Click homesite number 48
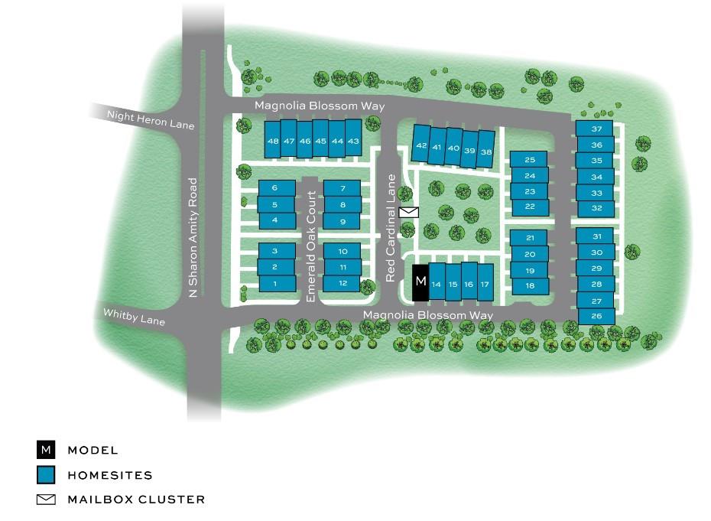tap(273, 141)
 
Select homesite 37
tap(597, 129)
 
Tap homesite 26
tap(597, 316)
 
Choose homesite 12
tap(343, 283)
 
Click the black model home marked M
tap(420, 282)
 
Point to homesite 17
tap(484, 284)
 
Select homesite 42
tap(421, 145)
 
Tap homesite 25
tap(530, 160)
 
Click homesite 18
tap(530, 285)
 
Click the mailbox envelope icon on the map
tap(409, 212)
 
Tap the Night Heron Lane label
tap(151, 119)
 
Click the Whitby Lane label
tap(134, 316)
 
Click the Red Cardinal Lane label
tap(391, 227)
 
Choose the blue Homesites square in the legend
tap(47, 475)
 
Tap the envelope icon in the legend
tap(47, 500)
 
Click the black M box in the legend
tap(47, 450)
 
